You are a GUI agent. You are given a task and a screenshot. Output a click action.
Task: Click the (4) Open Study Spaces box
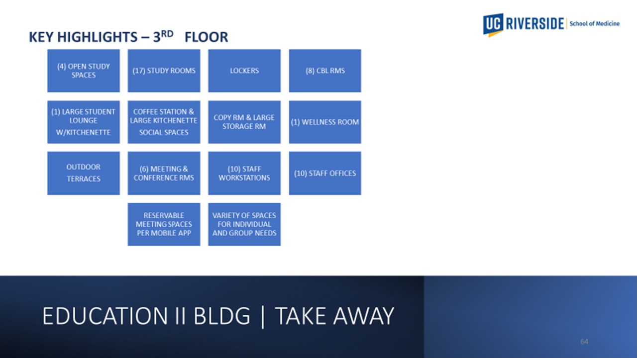click(x=84, y=71)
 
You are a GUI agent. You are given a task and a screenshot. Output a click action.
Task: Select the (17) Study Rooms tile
click(x=164, y=71)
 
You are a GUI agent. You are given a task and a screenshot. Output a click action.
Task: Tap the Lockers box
click(x=244, y=71)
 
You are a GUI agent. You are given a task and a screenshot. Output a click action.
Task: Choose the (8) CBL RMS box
click(x=325, y=71)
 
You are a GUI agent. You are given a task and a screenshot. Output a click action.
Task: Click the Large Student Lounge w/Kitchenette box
click(x=84, y=122)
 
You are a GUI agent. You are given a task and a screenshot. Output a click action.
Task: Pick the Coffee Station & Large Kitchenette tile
click(x=164, y=122)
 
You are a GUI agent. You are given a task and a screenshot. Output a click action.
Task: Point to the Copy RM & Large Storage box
click(x=244, y=122)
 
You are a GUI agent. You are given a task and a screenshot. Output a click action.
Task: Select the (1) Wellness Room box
click(x=325, y=122)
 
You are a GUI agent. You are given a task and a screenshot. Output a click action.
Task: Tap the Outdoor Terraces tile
click(x=84, y=174)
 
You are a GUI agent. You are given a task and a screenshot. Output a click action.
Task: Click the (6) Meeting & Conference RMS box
click(x=164, y=174)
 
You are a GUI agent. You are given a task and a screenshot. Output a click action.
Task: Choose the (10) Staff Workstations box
click(x=244, y=174)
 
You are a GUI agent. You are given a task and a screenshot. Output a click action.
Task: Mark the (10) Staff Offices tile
click(x=325, y=174)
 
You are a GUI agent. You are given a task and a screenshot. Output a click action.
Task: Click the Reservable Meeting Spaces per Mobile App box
click(x=164, y=224)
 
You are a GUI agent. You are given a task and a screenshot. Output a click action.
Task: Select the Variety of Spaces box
click(x=244, y=224)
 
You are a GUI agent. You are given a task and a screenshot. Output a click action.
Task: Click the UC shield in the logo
click(x=493, y=25)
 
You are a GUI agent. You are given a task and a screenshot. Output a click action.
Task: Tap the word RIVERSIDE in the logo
click(x=535, y=24)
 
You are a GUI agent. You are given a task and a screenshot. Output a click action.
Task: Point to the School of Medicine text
click(x=594, y=24)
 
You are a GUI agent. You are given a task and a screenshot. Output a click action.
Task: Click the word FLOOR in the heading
click(x=207, y=37)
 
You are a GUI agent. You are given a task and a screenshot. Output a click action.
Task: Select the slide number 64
click(x=584, y=342)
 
